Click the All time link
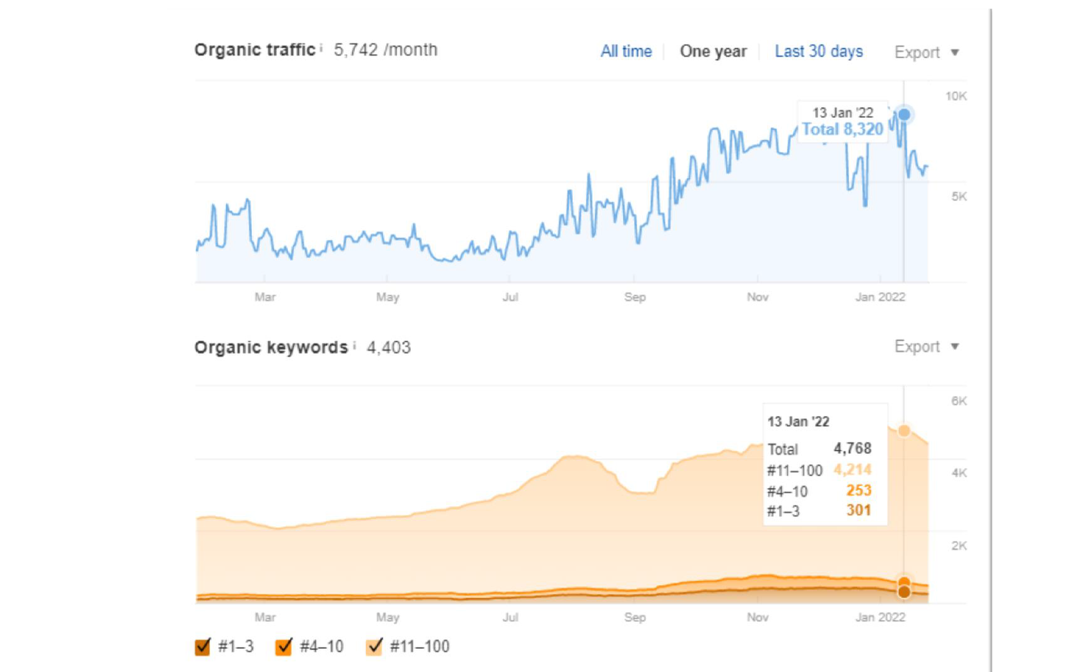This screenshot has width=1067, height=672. point(626,51)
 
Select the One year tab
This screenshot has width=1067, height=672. point(713,51)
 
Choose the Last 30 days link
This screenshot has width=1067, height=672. point(818,51)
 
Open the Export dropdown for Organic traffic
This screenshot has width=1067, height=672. point(926,53)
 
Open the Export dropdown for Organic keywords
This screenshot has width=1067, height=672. point(926,347)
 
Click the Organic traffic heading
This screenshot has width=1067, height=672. point(255,50)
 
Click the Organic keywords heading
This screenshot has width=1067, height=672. point(271,347)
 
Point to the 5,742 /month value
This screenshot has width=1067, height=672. point(385,50)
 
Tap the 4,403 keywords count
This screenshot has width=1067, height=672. point(389,347)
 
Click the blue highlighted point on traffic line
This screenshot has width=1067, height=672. point(904,115)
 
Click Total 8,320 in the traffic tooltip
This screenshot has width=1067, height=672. point(842,129)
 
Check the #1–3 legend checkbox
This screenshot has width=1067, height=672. point(203,646)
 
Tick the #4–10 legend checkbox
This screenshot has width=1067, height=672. point(284,646)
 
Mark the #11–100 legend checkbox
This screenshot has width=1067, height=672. point(374,646)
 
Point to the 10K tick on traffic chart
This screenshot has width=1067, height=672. point(956,96)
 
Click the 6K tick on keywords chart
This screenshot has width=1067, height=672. point(958,401)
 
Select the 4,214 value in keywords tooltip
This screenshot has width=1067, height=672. point(852,470)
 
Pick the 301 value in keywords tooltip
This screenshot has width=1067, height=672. point(858,511)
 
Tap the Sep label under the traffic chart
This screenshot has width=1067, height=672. point(635,297)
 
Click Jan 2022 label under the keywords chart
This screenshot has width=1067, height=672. point(880,617)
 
